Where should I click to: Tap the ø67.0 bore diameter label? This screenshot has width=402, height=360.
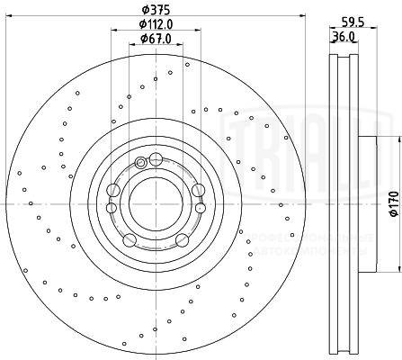(x=156, y=38)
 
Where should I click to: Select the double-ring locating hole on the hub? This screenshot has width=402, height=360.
(x=140, y=162)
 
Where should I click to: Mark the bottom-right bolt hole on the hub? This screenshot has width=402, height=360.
(x=180, y=238)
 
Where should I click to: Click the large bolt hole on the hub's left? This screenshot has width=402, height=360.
(x=112, y=190)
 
